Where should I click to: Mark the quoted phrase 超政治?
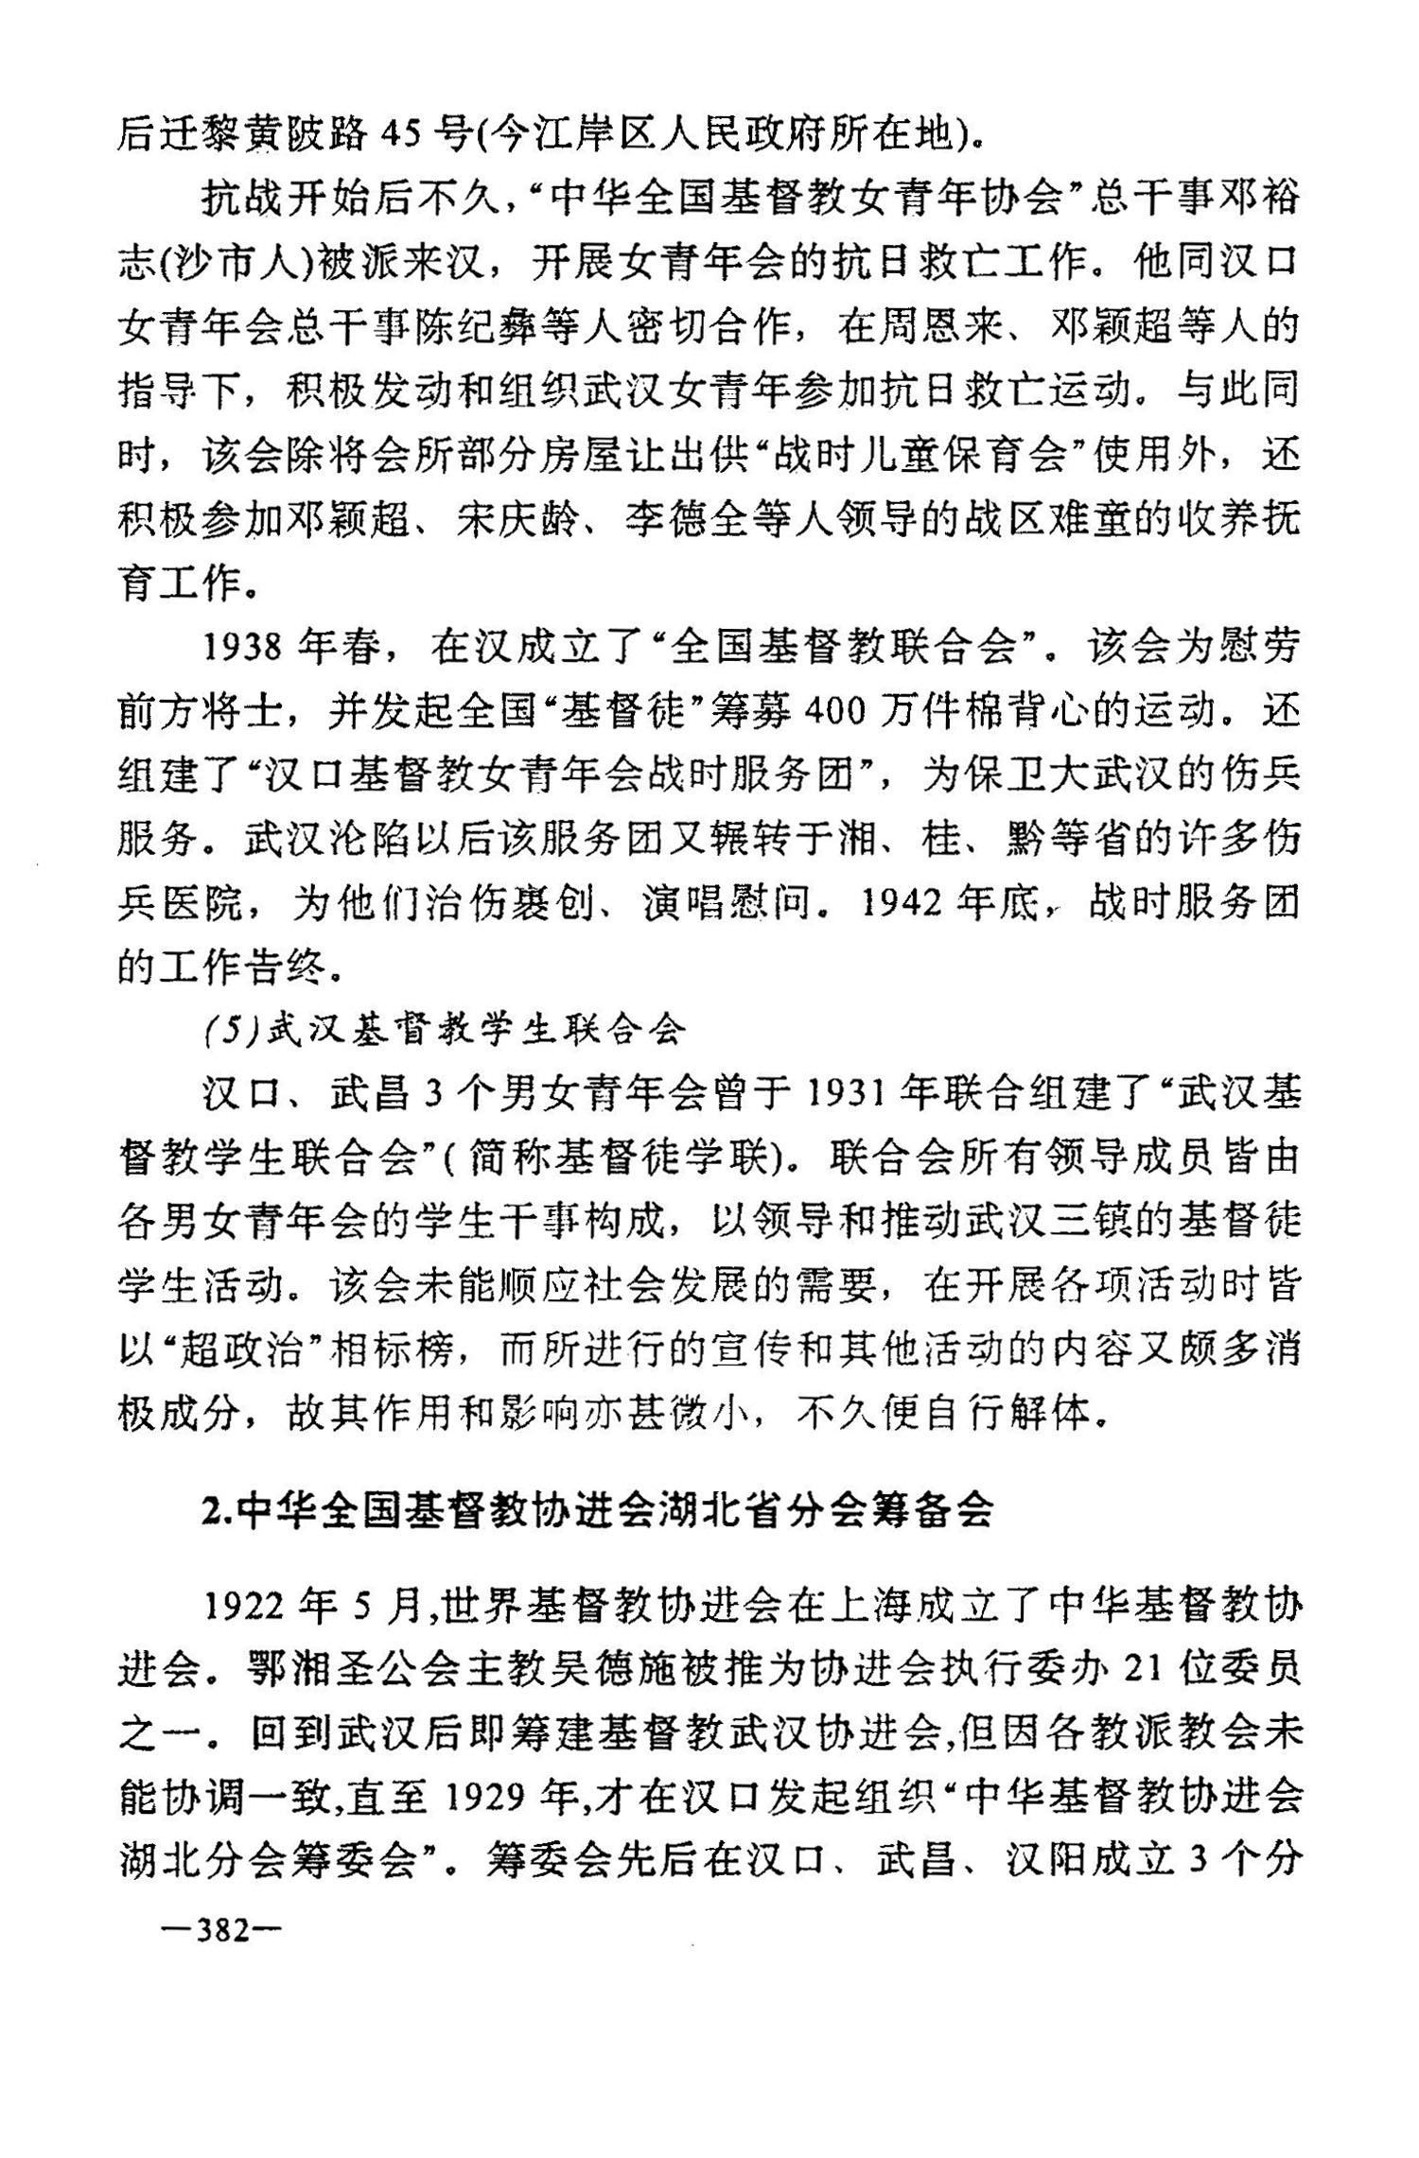point(244,1353)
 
